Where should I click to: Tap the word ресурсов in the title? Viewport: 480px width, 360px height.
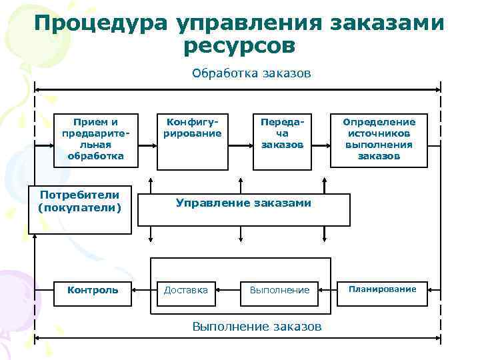click(237, 45)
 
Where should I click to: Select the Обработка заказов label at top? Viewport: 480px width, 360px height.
click(251, 73)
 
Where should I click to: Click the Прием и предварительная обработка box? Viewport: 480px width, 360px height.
click(95, 139)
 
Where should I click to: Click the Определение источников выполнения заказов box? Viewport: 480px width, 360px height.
click(379, 139)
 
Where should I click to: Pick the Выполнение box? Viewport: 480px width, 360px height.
click(280, 290)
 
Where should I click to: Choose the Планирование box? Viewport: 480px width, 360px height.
click(382, 289)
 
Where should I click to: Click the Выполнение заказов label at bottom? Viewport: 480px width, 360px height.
click(257, 327)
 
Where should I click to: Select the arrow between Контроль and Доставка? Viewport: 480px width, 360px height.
click(141, 290)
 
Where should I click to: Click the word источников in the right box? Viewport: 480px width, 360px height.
click(379, 133)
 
